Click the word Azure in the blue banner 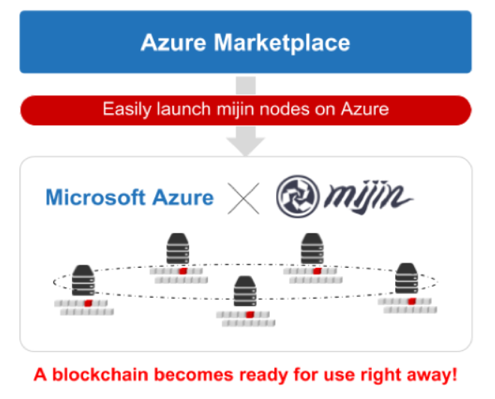point(175,42)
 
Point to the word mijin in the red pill point(238,109)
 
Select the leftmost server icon point(82,281)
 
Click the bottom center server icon point(244,292)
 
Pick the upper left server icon point(177,249)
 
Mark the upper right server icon point(312,249)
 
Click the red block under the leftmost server point(87,303)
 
